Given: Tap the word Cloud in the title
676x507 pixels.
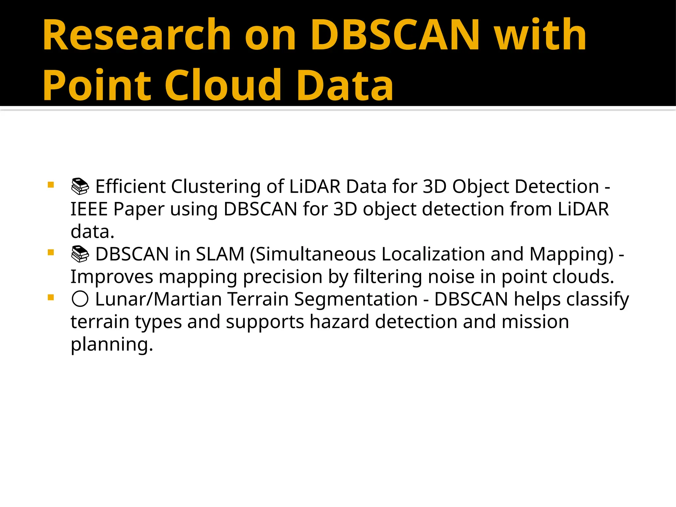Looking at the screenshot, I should tap(223, 85).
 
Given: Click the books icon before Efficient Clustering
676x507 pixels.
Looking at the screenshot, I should tap(80, 187).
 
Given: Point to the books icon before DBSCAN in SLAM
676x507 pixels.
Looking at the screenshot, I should tap(80, 254).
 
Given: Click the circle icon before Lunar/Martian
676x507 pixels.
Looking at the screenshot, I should tap(80, 299).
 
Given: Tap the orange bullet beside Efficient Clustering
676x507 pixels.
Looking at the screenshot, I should tap(51, 185).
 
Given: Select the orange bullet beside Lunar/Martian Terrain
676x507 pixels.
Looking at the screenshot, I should tap(51, 298).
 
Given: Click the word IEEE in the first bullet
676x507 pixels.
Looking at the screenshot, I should tap(89, 209).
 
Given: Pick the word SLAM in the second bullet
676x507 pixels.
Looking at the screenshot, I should tap(220, 254).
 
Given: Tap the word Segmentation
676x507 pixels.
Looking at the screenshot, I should tap(356, 299).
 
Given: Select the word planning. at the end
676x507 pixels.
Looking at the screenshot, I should tap(112, 345).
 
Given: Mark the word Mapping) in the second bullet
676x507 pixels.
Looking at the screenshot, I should tap(571, 254).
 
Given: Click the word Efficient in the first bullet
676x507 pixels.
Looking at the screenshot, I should tap(130, 187).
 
